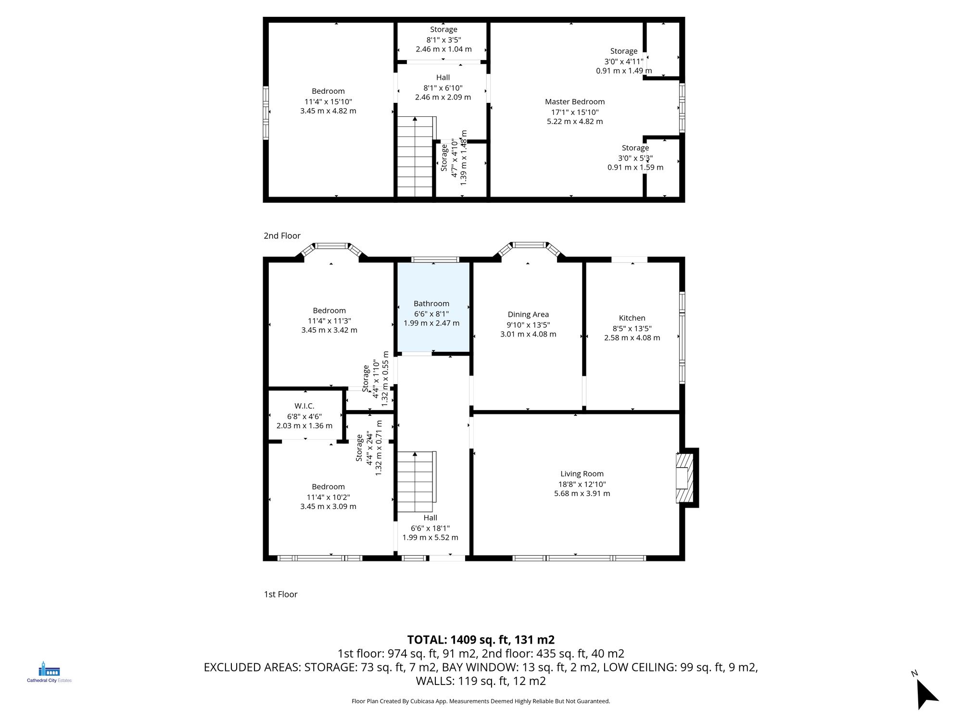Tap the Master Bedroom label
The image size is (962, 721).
click(x=575, y=102)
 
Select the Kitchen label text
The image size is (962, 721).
click(x=632, y=318)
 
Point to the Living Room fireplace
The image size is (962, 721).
click(x=685, y=478)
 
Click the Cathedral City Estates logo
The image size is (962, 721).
click(x=49, y=672)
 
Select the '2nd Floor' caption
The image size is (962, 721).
click(x=282, y=236)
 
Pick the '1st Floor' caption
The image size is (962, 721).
click(x=280, y=594)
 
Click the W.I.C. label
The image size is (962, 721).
click(x=304, y=406)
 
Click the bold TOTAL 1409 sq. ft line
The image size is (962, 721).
click(x=481, y=640)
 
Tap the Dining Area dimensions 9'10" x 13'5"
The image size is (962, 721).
click(x=528, y=325)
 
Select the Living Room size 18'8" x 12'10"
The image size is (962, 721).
click(x=582, y=485)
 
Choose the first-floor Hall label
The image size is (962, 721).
click(x=430, y=518)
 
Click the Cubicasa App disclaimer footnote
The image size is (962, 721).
click(x=481, y=701)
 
